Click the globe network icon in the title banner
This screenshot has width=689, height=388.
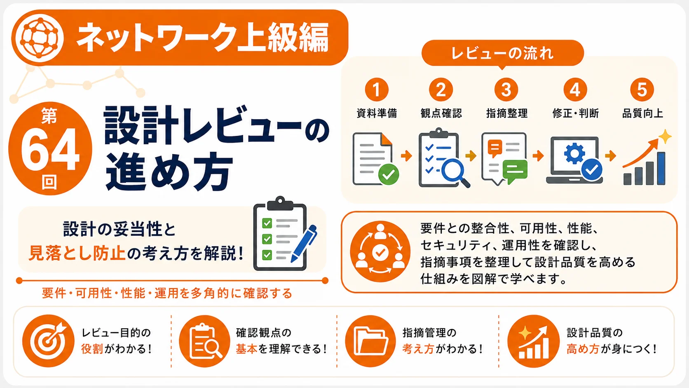40,38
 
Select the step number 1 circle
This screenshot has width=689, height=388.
377,89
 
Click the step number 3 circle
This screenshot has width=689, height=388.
506,89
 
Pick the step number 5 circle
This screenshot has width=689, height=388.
642,89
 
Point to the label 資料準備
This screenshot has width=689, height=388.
377,113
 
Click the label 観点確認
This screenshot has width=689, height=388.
441,113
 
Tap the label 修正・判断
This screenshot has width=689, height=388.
576,113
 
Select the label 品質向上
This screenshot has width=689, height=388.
642,113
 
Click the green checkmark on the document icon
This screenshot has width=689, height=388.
389,174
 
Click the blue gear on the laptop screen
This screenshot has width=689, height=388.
574,153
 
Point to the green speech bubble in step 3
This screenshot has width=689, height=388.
515,172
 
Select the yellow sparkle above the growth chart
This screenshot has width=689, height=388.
665,136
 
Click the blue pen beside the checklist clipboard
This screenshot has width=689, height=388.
304,243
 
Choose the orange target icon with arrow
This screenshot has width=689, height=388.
48,341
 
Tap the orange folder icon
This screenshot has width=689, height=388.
370,341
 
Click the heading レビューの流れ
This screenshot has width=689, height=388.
502,53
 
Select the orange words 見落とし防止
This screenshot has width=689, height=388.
77,254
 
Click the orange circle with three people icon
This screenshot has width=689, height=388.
380,252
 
